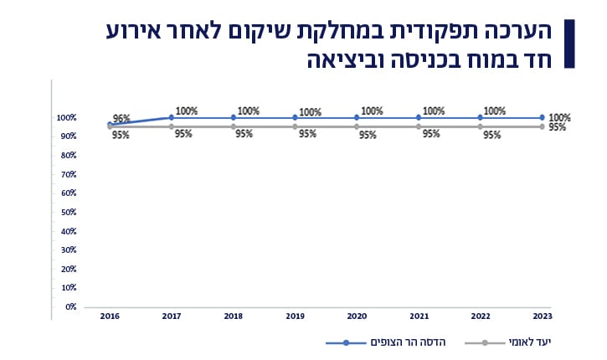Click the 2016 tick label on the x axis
point(109,316)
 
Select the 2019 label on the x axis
point(295,316)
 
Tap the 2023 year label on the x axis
point(542,316)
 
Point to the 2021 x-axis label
point(419,316)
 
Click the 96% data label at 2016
point(121,118)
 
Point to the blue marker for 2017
point(172,117)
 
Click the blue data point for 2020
point(357,117)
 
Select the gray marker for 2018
point(234,126)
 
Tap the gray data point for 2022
point(480,126)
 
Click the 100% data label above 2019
point(310,112)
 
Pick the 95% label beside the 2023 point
point(558,128)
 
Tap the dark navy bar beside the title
point(570,44)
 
